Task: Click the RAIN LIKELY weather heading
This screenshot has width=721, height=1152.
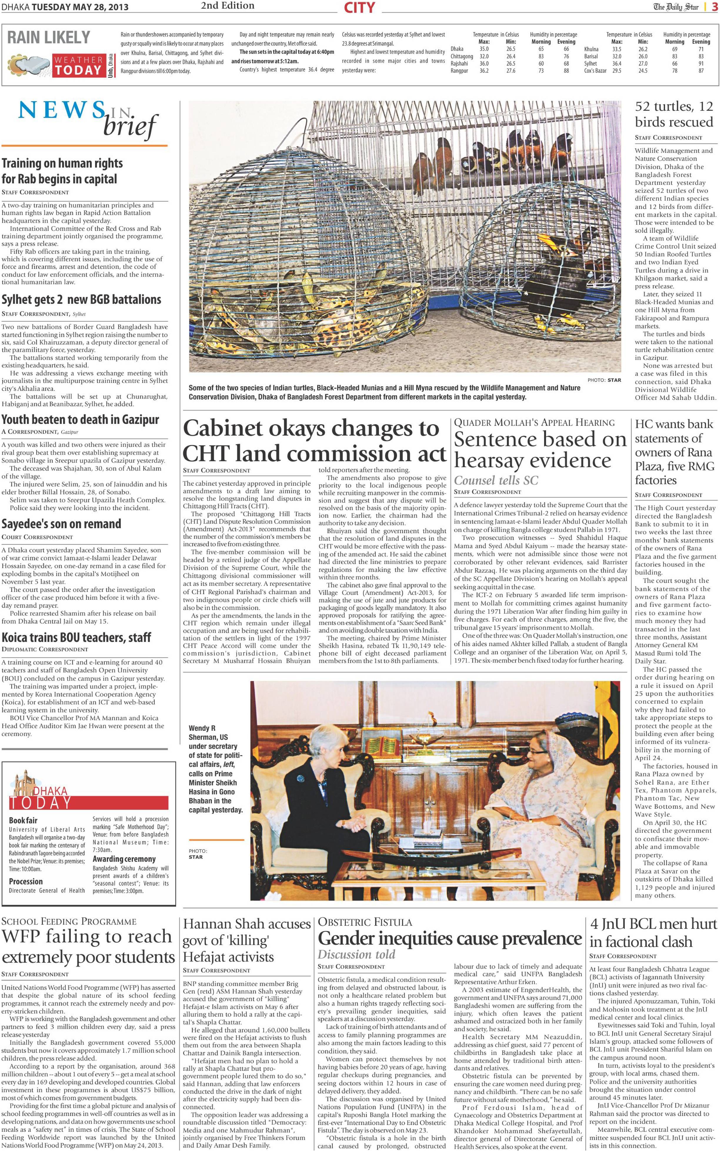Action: point(48,37)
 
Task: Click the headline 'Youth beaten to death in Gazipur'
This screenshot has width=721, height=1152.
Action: point(80,420)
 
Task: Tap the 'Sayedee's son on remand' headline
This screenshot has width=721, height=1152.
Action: point(61,524)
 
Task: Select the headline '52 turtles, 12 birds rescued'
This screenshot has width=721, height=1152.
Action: point(674,114)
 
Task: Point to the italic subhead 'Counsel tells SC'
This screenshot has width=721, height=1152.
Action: point(496,480)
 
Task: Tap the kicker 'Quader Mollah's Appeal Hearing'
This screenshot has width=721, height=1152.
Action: point(534,423)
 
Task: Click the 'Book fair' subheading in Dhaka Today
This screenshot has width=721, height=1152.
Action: point(23,820)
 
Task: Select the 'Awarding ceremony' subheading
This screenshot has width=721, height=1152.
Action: point(124,859)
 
